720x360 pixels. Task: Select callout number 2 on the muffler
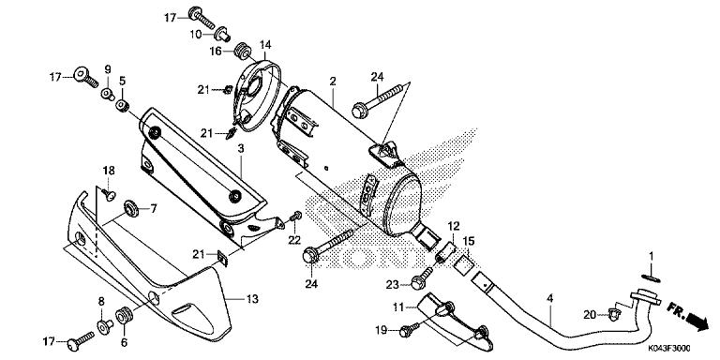click(332, 83)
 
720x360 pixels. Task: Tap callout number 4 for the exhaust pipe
click(550, 299)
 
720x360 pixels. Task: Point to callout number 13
click(252, 299)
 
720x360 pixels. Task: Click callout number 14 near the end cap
click(265, 45)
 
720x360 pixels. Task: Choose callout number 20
click(588, 315)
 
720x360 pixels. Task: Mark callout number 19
click(381, 331)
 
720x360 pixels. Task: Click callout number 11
click(397, 307)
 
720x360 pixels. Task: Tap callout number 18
click(109, 170)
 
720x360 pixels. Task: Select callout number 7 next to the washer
click(154, 207)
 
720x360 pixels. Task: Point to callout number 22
click(293, 240)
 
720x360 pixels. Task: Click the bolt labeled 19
click(407, 330)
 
